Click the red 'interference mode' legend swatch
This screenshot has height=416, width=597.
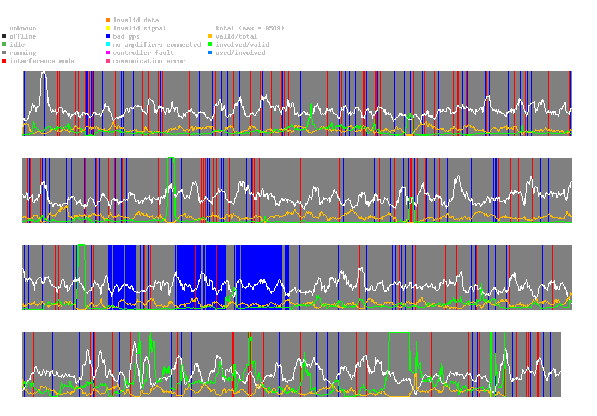(x=4, y=61)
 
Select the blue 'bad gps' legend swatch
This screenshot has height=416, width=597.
(x=108, y=36)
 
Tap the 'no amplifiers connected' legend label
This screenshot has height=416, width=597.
(x=157, y=45)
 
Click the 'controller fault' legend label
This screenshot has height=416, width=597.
(x=143, y=53)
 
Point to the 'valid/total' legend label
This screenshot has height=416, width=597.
(x=236, y=36)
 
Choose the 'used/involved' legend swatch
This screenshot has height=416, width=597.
(x=210, y=53)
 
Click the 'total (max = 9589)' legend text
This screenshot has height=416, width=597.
(x=250, y=28)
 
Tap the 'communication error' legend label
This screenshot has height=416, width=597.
(x=149, y=61)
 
